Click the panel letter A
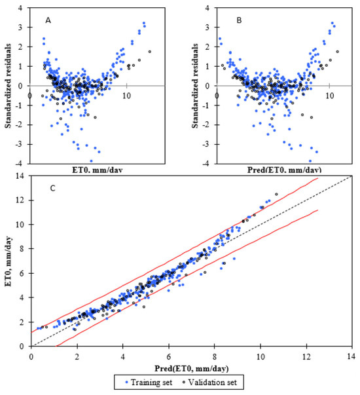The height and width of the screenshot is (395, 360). pyautogui.click(x=48, y=21)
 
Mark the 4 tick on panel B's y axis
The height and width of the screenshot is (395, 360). pyautogui.click(x=207, y=9)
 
